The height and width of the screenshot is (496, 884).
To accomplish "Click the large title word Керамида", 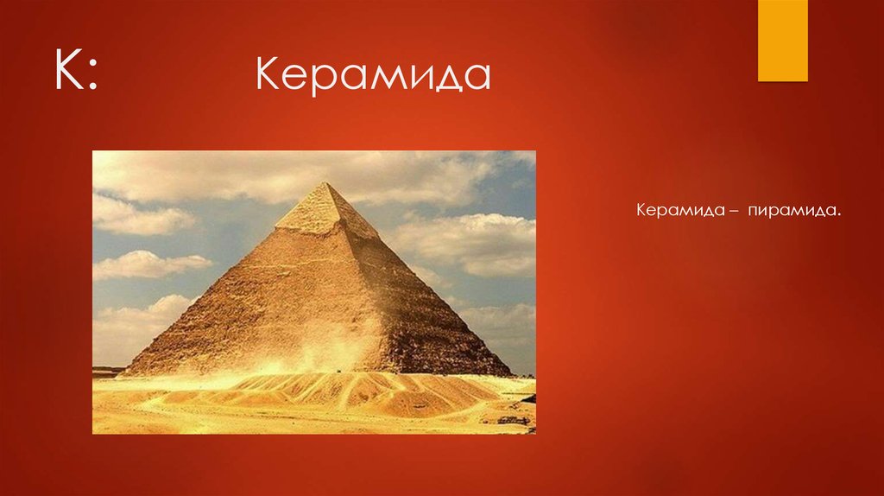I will pos(372,76).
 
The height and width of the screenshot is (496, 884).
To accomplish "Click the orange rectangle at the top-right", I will pos(782,40).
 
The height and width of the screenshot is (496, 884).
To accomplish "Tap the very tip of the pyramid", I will pos(325,183).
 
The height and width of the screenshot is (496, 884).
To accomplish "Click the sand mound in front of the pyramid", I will pos(345,393).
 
